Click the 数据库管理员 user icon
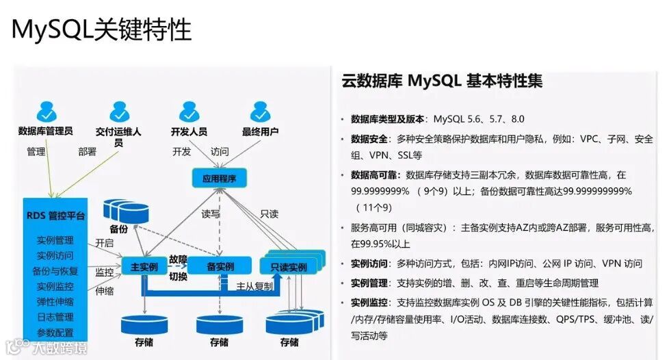47,110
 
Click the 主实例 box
144,266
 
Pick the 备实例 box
220,266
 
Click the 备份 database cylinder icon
127,209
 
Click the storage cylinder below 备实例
219,324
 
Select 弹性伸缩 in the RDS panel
55,302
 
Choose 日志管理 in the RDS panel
55,317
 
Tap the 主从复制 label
254,285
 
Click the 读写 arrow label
211,214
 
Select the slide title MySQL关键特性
101,29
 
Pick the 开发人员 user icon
189,110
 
